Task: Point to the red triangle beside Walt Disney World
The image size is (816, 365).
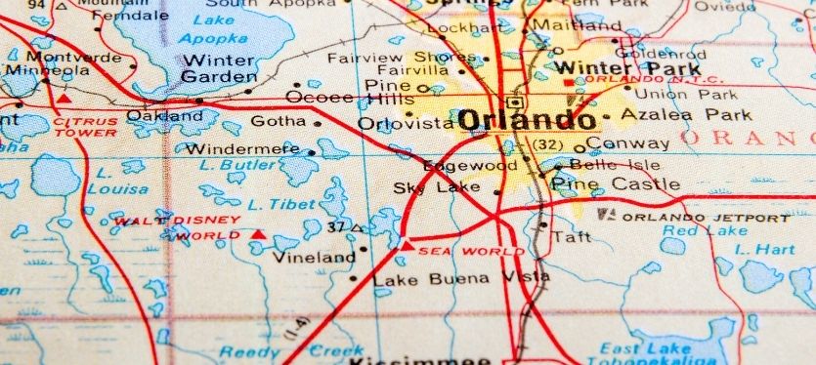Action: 258,234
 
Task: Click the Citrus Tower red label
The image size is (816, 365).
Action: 85,128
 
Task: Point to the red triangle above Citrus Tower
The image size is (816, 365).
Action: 64,99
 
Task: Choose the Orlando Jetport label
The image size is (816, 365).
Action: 706,217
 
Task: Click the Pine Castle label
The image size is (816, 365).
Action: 616,183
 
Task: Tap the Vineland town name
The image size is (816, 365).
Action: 314,258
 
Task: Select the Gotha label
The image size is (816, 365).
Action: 279,122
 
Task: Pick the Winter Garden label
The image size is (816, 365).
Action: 220,68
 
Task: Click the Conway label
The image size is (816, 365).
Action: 643,143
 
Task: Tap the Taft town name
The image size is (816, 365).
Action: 572,236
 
